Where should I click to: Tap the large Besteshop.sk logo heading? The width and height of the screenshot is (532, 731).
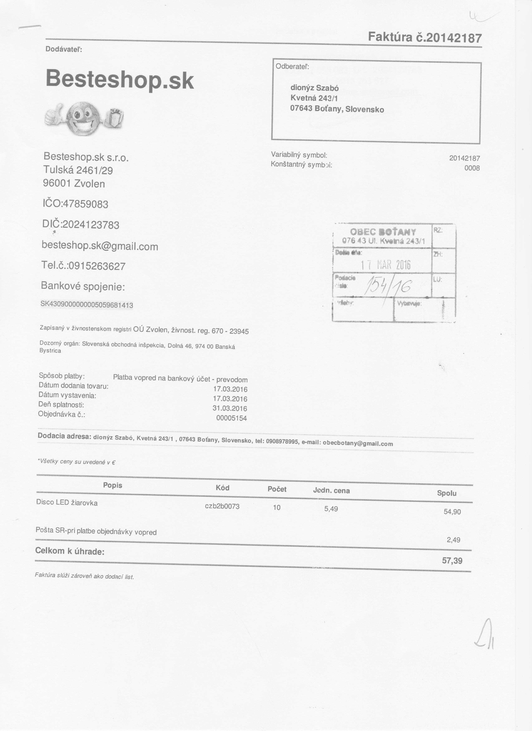tap(120, 79)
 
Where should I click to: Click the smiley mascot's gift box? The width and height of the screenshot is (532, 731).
tap(116, 118)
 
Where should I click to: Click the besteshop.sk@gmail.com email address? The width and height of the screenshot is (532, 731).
tap(100, 246)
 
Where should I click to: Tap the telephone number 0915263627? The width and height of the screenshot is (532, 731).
tap(97, 266)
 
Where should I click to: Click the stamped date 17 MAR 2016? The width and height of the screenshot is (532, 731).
tap(386, 265)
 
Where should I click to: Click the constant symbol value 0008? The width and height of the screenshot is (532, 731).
tap(472, 168)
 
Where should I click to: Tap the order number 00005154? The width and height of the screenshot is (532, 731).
tap(232, 418)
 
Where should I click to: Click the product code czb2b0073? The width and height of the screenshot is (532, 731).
tap(222, 506)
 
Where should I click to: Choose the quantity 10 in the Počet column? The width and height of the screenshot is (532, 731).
tap(277, 508)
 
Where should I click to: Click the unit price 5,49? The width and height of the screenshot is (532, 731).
tap(331, 509)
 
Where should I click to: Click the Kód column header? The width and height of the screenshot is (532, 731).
tap(223, 488)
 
